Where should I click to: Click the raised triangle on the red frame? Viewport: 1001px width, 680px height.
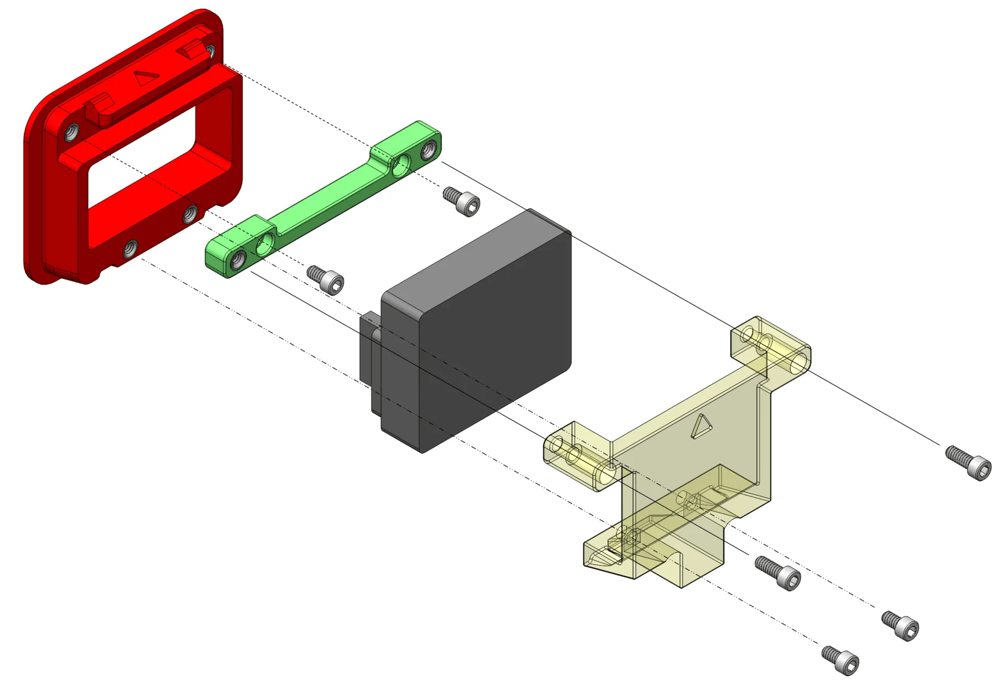[x=146, y=78]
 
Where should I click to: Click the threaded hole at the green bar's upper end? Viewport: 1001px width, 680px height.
[x=428, y=150]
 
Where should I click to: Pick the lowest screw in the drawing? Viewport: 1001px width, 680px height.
[x=840, y=660]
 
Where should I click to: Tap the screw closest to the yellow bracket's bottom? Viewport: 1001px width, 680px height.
[x=778, y=572]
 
